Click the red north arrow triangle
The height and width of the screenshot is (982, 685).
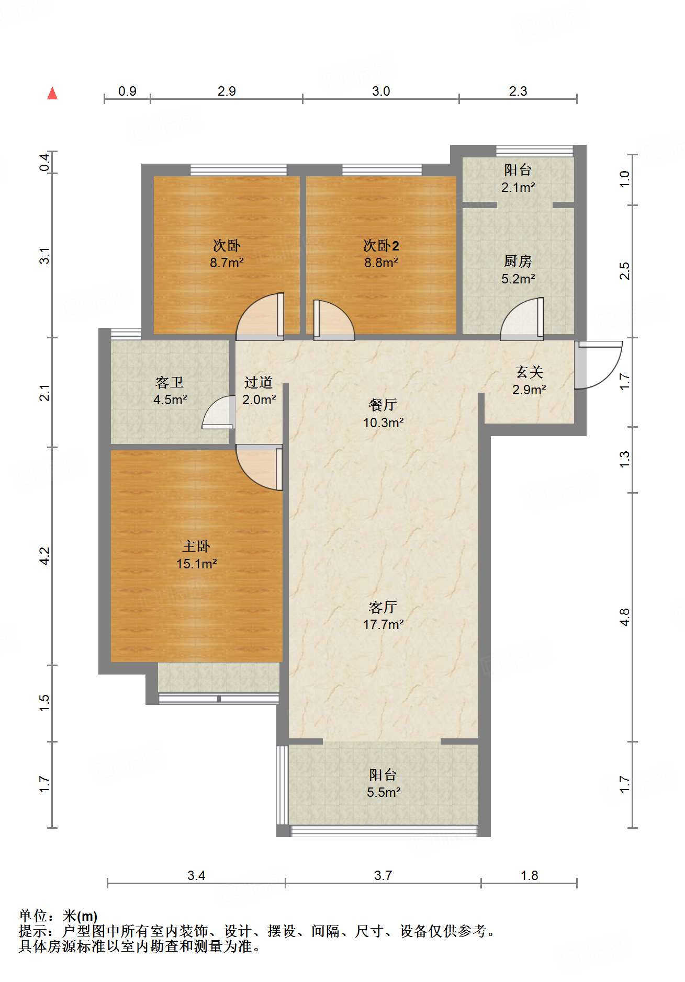52,94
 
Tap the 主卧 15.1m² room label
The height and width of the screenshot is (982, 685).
196,555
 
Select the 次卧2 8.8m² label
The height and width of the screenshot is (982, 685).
381,254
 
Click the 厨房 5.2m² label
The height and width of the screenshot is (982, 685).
518,270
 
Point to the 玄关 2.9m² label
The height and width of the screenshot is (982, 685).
529,381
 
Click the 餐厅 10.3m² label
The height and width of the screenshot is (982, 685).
383,413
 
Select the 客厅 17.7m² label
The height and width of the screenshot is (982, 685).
383,615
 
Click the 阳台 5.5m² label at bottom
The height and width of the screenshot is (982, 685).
383,783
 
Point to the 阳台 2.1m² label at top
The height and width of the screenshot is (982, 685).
518,178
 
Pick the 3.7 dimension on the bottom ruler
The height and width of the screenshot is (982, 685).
383,875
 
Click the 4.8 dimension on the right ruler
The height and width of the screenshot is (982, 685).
624,617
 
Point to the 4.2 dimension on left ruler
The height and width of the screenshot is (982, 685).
45,556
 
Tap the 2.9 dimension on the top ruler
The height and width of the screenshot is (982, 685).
227,91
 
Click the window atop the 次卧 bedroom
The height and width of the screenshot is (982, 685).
239,170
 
